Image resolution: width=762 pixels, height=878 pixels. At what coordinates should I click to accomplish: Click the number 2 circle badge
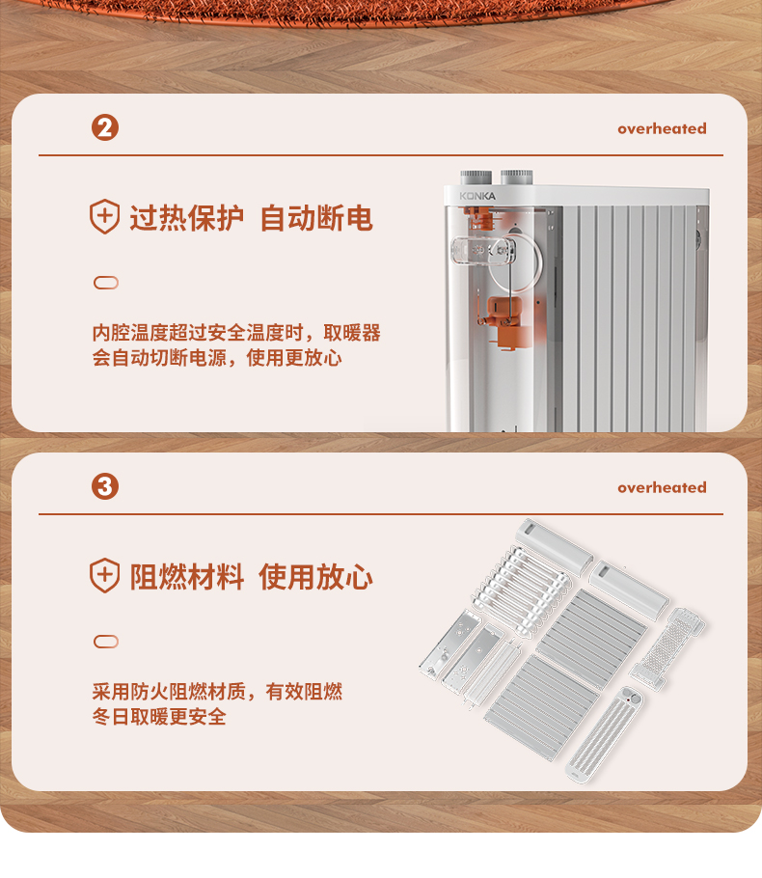[105, 127]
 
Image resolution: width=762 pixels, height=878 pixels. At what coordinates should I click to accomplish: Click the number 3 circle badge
[105, 486]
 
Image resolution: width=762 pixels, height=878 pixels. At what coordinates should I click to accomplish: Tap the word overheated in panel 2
[662, 128]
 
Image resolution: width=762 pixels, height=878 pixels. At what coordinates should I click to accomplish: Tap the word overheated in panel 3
[662, 487]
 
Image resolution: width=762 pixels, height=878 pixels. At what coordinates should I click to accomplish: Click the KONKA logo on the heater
[477, 196]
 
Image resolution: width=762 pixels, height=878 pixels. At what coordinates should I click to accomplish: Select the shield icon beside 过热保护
[105, 216]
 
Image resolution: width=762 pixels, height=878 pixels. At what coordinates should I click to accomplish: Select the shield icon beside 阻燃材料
[105, 575]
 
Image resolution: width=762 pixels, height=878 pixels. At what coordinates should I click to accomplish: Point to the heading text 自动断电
[316, 218]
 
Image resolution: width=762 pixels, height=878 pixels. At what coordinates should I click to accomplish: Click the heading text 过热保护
[186, 218]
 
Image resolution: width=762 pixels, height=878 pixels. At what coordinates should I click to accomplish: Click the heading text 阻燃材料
[186, 577]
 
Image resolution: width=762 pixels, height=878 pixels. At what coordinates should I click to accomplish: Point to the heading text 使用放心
[316, 577]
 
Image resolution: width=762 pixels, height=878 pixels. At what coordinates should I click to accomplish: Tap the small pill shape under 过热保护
[106, 283]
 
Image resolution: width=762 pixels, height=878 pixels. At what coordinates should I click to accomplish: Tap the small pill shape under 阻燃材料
[106, 642]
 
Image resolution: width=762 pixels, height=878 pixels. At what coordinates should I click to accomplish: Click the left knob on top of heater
[476, 178]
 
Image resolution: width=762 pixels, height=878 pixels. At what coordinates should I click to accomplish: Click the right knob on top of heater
[516, 178]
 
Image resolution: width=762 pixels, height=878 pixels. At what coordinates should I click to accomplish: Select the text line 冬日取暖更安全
[159, 717]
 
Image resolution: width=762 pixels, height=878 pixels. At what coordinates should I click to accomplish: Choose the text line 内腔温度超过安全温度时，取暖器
[236, 333]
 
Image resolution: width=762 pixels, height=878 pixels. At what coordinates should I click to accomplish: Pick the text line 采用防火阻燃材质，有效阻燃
[217, 692]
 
